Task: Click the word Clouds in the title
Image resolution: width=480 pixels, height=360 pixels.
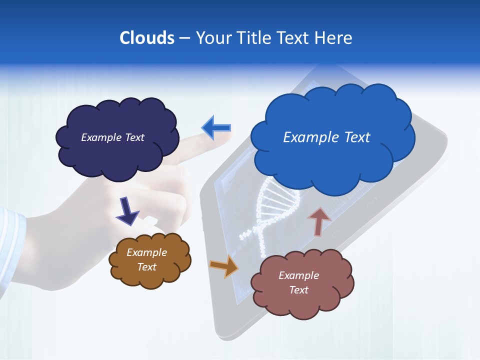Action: pos(146,38)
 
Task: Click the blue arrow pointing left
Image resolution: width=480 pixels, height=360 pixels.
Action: pos(216,128)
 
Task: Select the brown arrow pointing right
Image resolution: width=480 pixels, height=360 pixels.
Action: pos(224,265)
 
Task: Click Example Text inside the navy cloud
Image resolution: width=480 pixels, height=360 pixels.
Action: pos(112,137)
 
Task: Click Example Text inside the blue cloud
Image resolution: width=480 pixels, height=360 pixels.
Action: pos(326,137)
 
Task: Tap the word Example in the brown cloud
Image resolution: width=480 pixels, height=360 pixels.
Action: pos(146,252)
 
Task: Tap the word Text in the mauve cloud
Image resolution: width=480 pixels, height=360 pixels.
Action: pos(298,290)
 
